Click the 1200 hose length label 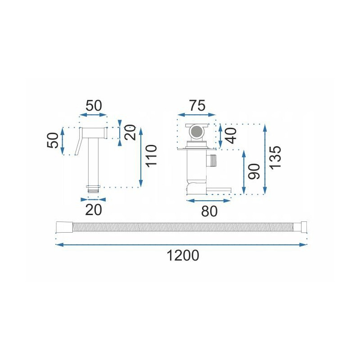tap(183, 256)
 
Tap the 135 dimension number tap(275, 158)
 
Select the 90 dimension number tap(254, 171)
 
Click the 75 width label tap(197, 106)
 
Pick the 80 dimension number tap(209, 211)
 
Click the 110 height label tap(151, 156)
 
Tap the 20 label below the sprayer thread tap(94, 210)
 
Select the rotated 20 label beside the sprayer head tap(130, 132)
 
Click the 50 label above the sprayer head tap(94, 106)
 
